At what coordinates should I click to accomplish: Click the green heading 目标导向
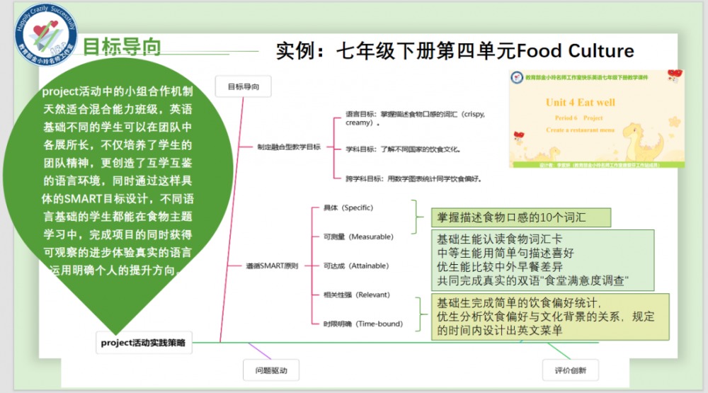pos(122,47)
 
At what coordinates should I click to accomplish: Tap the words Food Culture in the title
pos(576,51)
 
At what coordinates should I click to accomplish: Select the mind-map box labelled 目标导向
pos(243,87)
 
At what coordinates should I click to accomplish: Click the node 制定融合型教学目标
pos(288,147)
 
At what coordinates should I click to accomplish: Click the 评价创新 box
pos(571,370)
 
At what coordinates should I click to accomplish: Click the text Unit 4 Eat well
pos(580,103)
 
